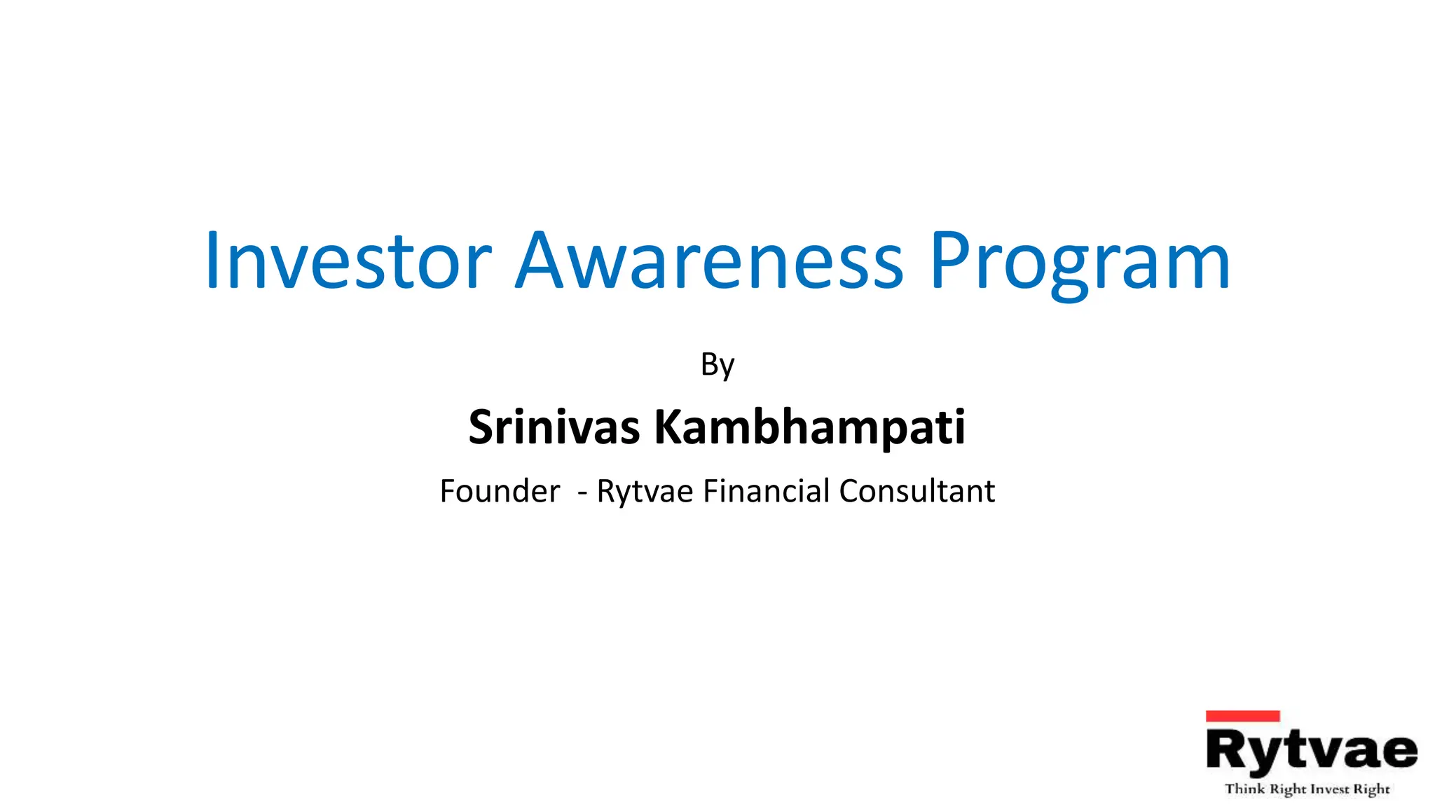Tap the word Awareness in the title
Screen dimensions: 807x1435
click(x=709, y=261)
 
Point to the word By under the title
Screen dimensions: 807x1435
click(x=717, y=365)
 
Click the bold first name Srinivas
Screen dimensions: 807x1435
click(x=554, y=427)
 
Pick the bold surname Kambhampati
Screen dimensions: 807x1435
click(x=809, y=428)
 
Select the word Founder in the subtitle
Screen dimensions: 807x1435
click(x=500, y=491)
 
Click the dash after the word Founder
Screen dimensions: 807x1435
click(x=582, y=492)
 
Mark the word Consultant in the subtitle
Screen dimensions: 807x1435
click(x=916, y=491)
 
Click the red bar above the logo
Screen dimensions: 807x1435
click(x=1242, y=716)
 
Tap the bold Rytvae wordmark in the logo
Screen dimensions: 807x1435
click(x=1311, y=751)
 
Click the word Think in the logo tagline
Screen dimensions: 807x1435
click(x=1244, y=789)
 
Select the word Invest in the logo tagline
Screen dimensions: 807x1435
click(x=1329, y=789)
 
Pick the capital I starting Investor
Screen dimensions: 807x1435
click(x=211, y=261)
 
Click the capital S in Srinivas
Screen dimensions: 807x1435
click(x=483, y=427)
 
